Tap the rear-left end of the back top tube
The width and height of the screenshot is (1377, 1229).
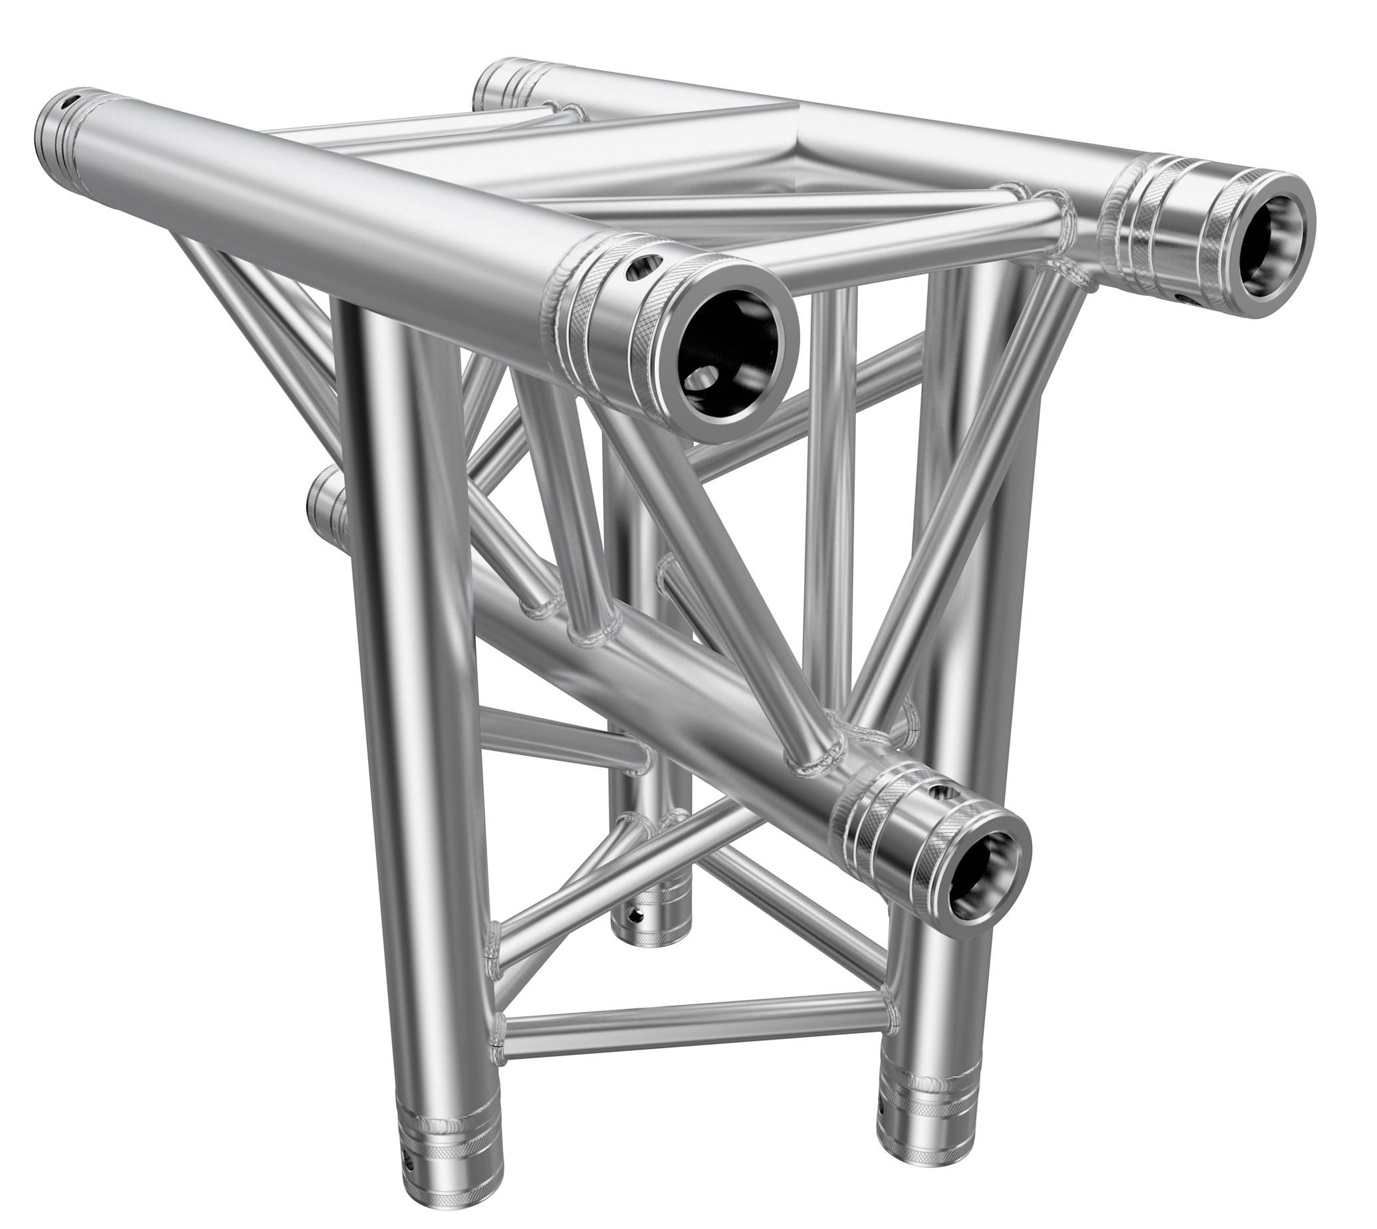click(x=496, y=84)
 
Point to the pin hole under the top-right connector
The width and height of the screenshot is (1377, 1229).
click(x=1182, y=298)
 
